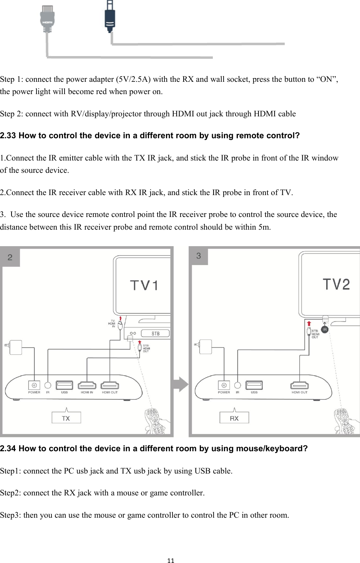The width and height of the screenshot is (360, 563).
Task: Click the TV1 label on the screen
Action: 144,286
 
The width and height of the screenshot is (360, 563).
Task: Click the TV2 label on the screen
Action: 336,285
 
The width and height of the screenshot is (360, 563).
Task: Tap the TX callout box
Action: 66,418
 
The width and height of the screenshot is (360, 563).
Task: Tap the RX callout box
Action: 234,418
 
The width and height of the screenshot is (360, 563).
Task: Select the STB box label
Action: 155,333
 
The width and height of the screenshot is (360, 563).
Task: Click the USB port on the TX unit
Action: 64,385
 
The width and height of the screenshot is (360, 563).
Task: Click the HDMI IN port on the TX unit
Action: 87,385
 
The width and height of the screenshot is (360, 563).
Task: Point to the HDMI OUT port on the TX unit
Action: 110,385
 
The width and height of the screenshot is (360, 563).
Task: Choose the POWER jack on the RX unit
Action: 224,385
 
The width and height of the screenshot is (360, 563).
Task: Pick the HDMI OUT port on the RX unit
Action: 299,385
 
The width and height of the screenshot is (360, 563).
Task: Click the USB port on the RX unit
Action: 254,385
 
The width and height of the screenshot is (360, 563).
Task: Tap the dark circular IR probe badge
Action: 325,330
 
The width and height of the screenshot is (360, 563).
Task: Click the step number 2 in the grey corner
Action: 10,257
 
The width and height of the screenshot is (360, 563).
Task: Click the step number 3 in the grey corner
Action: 199,256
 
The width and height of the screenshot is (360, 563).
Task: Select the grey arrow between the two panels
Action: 181,384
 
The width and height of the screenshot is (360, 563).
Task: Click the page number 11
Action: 171,561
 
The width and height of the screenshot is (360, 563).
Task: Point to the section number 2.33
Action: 8,136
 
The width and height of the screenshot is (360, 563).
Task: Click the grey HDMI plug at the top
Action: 47,19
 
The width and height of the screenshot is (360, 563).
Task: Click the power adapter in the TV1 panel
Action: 16,347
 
